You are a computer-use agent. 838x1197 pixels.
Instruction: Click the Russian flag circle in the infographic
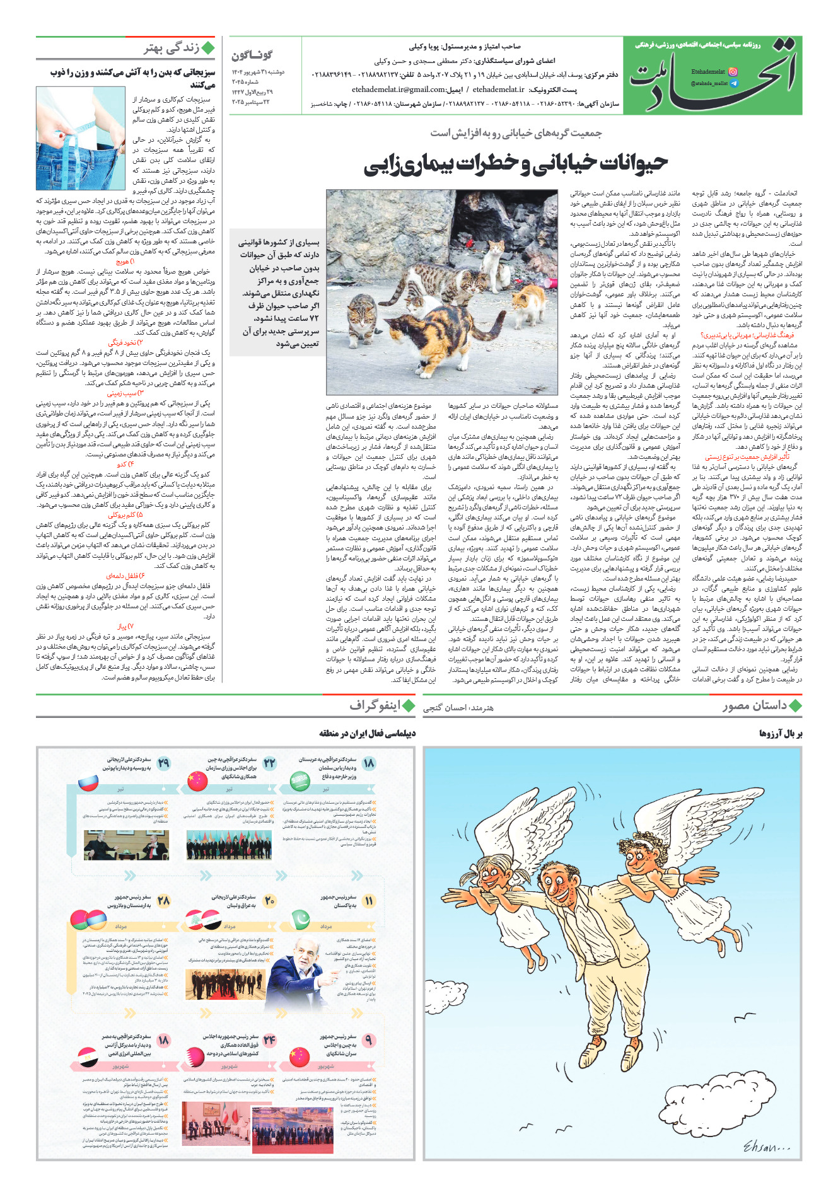pos(88,782)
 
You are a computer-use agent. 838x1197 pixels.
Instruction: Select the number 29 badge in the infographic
pos(164,763)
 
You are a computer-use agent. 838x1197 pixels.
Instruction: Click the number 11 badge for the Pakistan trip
pos(369,901)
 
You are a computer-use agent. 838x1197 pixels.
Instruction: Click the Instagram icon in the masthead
pos(733,72)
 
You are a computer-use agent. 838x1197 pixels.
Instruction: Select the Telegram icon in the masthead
pos(733,83)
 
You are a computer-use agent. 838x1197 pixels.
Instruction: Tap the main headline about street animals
pos(515,163)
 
